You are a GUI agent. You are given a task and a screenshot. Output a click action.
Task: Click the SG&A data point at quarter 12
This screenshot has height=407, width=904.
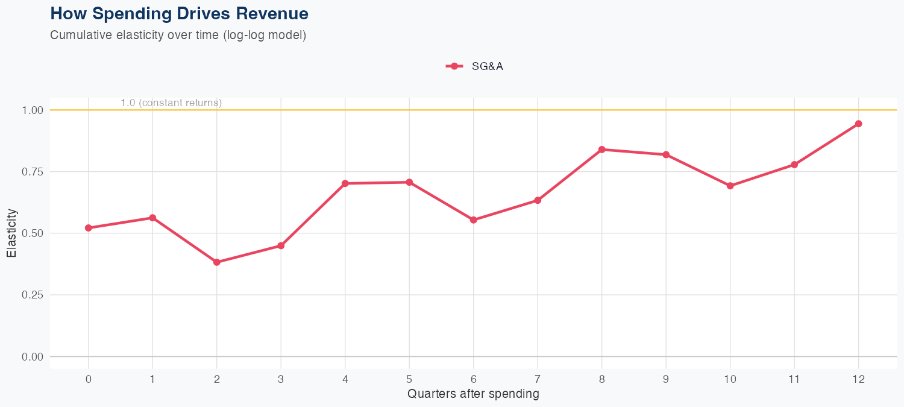[858, 124]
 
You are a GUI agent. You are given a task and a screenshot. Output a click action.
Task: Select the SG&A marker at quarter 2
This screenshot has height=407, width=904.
[217, 262]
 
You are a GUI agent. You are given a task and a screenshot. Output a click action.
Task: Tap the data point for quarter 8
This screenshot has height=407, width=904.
[601, 150]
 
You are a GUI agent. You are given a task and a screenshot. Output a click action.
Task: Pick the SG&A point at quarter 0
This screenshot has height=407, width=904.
[89, 228]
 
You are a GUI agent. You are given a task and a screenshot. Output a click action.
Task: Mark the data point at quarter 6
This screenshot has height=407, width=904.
[474, 220]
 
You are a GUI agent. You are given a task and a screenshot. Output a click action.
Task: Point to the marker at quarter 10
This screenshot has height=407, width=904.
[730, 186]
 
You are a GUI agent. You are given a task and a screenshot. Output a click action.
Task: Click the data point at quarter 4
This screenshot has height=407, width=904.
[345, 183]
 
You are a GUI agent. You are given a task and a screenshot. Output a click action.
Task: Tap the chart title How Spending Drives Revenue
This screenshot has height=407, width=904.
[179, 13]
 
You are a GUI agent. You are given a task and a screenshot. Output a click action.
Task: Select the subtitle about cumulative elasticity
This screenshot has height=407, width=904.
[178, 35]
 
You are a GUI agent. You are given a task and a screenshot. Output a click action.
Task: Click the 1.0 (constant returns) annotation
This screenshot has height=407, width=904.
[171, 103]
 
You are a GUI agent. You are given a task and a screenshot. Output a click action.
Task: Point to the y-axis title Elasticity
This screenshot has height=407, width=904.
[11, 233]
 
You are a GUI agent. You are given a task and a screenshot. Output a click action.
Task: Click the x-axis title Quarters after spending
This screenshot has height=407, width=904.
[473, 394]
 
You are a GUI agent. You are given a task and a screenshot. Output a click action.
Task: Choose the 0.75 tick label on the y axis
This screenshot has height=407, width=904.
[33, 172]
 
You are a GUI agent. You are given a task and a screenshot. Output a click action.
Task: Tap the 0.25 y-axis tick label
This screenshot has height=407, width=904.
[33, 295]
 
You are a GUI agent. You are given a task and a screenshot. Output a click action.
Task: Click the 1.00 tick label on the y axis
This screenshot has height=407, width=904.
[33, 110]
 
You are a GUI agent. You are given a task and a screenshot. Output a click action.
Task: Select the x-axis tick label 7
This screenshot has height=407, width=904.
[538, 379]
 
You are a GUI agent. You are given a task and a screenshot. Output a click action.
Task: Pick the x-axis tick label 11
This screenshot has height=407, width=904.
[794, 379]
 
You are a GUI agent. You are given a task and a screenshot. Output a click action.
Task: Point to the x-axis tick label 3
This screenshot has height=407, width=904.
[281, 379]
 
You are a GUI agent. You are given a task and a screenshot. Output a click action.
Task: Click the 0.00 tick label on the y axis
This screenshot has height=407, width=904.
[33, 357]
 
